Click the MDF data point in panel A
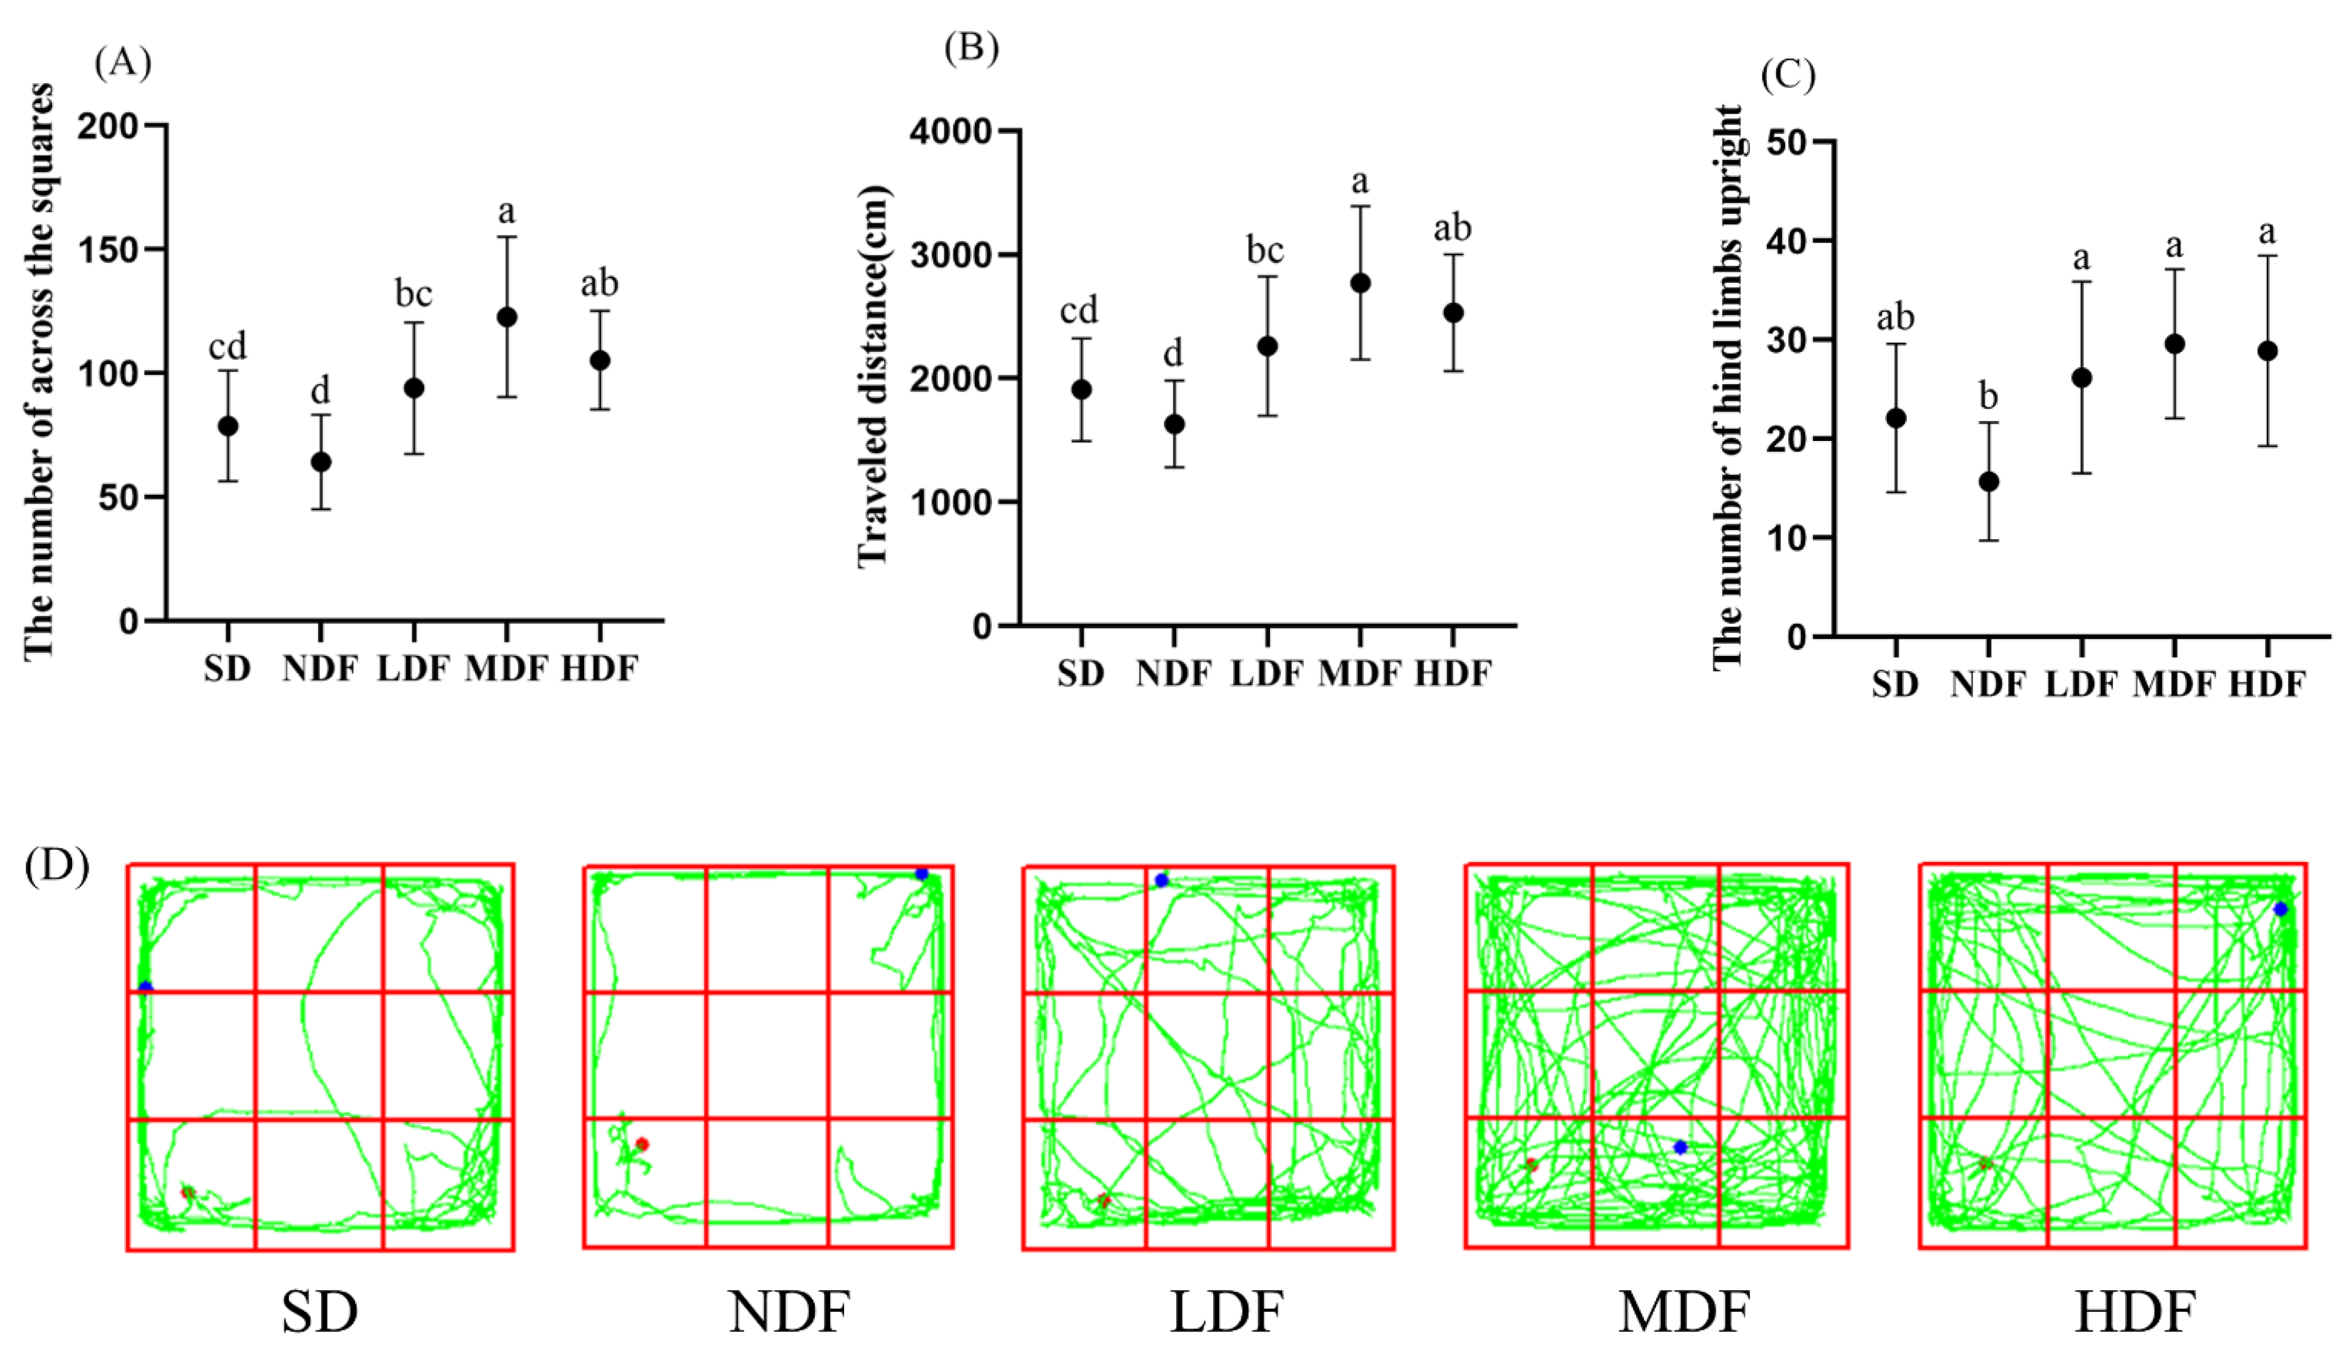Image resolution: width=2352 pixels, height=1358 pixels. pos(507,317)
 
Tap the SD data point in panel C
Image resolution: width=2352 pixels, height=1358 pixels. pos(1896,418)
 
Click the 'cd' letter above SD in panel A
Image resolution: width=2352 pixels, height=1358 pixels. pos(228,347)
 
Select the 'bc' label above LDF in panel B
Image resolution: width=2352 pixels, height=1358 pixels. pos(1266,250)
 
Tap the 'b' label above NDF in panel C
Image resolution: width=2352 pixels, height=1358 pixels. pos(1988,397)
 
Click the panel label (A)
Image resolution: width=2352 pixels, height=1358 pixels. pos(122,63)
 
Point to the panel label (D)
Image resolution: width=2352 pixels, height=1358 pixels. pos(57,867)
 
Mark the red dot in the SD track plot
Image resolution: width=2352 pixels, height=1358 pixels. pos(187,1192)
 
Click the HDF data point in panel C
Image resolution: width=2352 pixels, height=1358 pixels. pos(2267,351)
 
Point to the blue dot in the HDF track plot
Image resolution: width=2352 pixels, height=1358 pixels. pos(2280,908)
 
